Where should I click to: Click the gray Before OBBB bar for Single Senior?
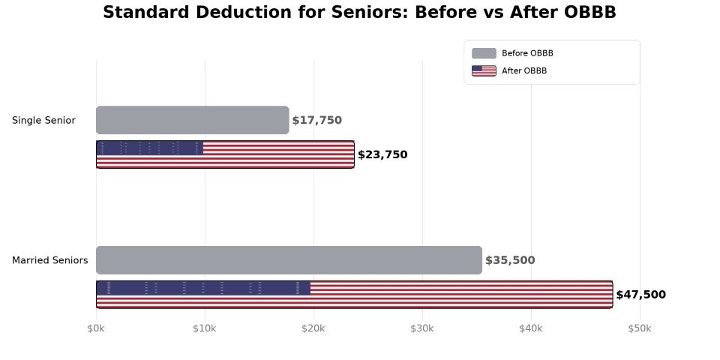pyautogui.click(x=192, y=120)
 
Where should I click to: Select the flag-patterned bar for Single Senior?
pyautogui.click(x=225, y=154)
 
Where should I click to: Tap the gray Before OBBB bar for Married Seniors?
pyautogui.click(x=289, y=260)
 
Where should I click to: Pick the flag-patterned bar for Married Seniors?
pyautogui.click(x=354, y=295)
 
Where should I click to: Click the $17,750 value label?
pyautogui.click(x=316, y=120)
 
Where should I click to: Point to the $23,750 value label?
pyautogui.click(x=382, y=155)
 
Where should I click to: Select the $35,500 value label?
pyautogui.click(x=510, y=260)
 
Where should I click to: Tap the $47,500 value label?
pyautogui.click(x=640, y=295)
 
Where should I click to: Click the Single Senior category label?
pyautogui.click(x=43, y=120)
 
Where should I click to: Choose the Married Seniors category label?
pyautogui.click(x=49, y=260)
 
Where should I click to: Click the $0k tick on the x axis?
pyautogui.click(x=96, y=328)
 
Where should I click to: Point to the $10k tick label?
pyautogui.click(x=205, y=328)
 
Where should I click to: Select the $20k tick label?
pyautogui.click(x=313, y=328)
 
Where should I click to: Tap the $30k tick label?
pyautogui.click(x=422, y=328)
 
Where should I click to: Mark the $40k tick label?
pyautogui.click(x=531, y=328)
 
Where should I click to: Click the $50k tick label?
pyautogui.click(x=640, y=328)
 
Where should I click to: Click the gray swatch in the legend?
pyautogui.click(x=484, y=53)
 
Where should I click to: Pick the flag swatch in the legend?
pyautogui.click(x=484, y=71)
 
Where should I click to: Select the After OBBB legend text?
pyautogui.click(x=524, y=71)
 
